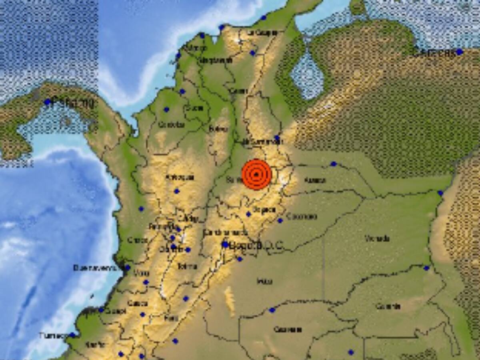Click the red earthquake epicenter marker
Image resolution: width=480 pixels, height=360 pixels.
[257, 174]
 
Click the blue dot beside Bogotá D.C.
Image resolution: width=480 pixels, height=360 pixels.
[225, 244]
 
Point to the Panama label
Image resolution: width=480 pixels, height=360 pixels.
[74, 104]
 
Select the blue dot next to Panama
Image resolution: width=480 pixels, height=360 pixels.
[48, 102]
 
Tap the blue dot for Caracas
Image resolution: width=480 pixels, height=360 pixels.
[459, 52]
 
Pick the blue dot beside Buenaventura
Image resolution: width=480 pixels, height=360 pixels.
[127, 268]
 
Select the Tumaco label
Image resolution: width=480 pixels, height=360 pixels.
[54, 335]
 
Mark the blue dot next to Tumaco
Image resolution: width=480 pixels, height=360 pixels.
[72, 335]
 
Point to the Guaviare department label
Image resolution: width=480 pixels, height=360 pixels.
[287, 330]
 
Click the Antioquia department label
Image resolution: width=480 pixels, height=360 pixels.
[180, 177]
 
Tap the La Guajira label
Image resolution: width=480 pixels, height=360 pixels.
[262, 33]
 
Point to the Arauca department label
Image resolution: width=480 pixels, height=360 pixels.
[315, 180]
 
